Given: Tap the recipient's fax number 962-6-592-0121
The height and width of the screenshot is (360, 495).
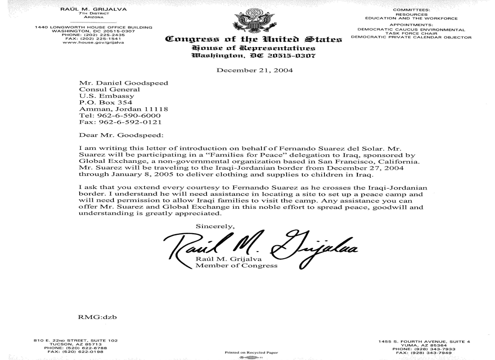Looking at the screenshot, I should [x=120, y=121].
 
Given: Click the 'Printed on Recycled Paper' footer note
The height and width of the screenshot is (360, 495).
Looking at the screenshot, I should [x=252, y=353].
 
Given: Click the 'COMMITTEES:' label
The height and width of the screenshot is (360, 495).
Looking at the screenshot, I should [x=411, y=9].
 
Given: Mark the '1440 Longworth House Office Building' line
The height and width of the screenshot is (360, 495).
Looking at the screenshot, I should [x=94, y=27].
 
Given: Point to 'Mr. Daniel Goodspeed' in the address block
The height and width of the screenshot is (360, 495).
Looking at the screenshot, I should [x=123, y=83].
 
